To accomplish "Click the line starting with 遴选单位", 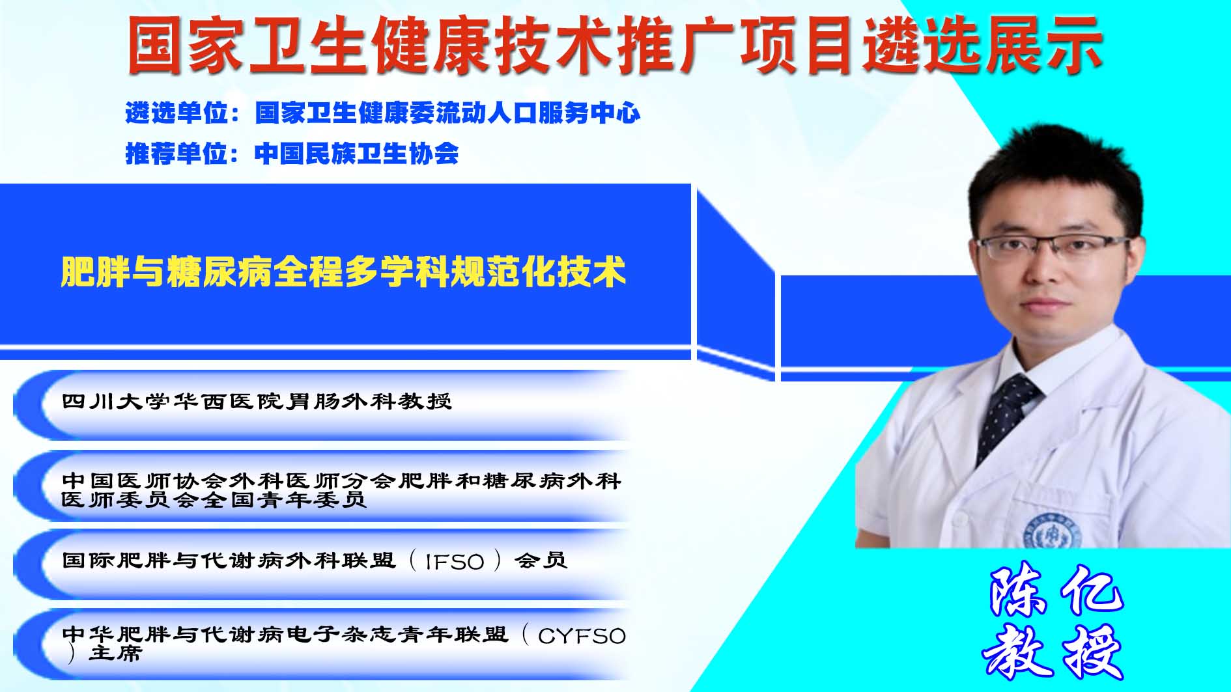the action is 383,113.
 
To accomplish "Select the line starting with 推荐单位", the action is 292,154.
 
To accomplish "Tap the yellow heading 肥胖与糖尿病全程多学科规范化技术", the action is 344,271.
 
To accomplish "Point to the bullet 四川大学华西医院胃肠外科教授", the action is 257,401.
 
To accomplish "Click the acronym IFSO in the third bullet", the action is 454,561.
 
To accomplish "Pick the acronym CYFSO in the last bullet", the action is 582,635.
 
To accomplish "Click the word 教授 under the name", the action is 1054,652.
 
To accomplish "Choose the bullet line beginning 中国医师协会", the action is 342,490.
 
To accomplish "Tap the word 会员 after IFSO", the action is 541,561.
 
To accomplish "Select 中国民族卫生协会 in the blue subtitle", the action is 356,154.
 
